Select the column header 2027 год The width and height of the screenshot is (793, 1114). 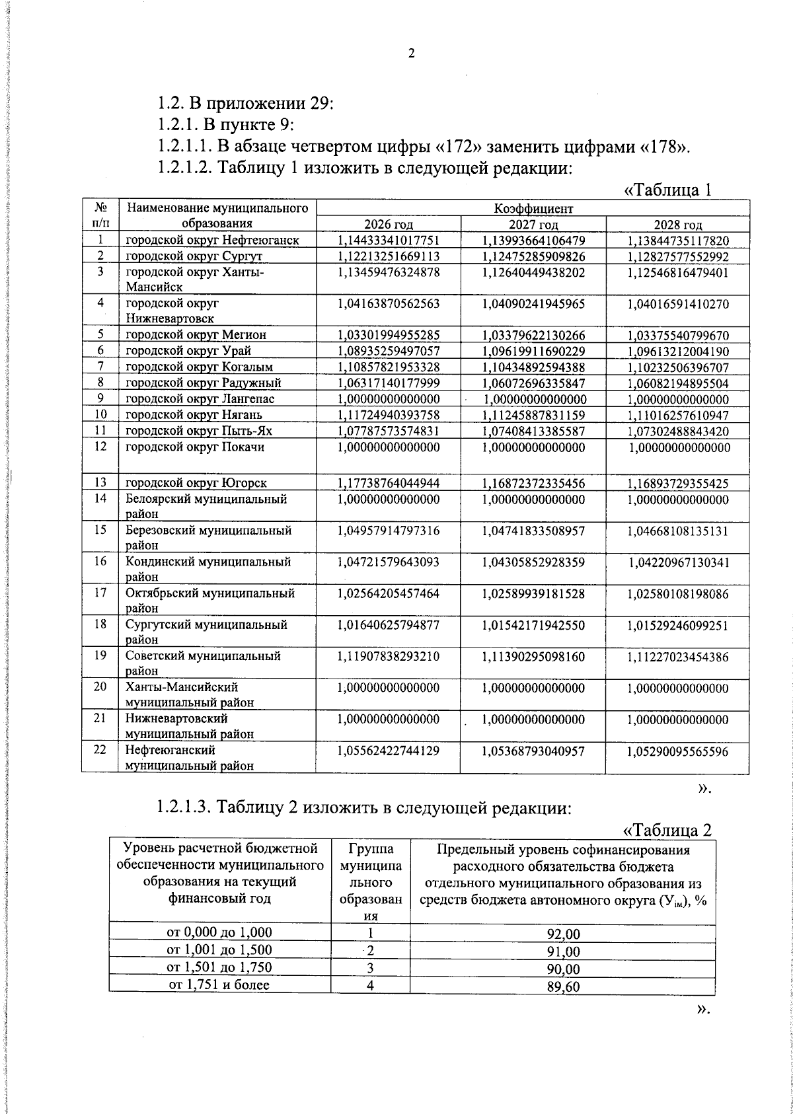tap(533, 225)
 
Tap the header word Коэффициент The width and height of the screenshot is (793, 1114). tap(533, 209)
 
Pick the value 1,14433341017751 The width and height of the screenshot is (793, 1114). tap(389, 241)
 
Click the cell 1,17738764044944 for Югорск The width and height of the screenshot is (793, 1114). tap(389, 483)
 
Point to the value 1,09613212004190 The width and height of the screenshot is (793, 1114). tap(678, 351)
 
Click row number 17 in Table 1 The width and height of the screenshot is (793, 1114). tap(100, 593)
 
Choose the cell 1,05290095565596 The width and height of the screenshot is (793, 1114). tap(678, 751)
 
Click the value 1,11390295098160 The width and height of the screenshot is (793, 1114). tap(533, 657)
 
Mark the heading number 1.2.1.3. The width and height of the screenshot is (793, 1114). tap(183, 807)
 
